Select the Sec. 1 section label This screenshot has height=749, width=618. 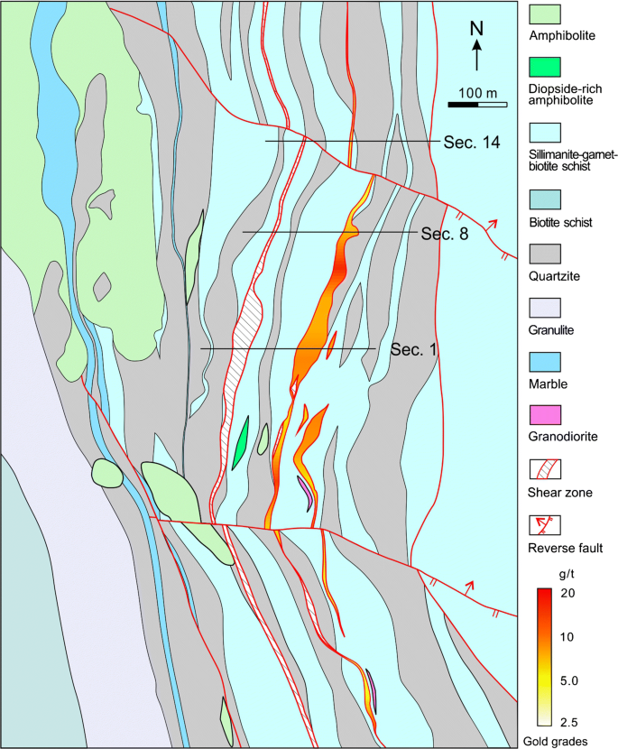[414, 349]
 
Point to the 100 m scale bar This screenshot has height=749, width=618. [478, 104]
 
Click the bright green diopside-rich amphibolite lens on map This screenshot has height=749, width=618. [240, 443]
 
